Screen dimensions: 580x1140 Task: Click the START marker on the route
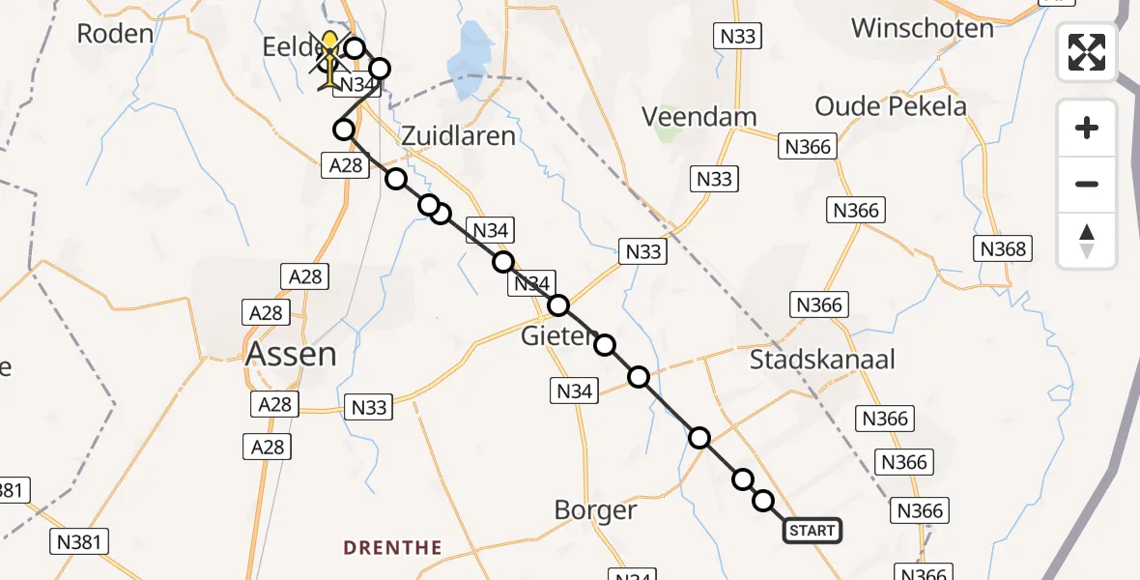[812, 530]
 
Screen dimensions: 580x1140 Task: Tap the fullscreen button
[1087, 52]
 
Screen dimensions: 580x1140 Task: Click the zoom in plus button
[1087, 128]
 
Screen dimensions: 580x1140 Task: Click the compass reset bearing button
[1087, 240]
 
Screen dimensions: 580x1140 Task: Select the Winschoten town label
[922, 27]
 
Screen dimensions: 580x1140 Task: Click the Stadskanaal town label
[823, 360]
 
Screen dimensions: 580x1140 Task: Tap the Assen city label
[291, 354]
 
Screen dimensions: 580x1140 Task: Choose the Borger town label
[596, 509]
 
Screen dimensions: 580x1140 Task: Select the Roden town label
[115, 34]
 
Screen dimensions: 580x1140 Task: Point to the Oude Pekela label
[890, 105]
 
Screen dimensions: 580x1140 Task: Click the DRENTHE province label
[393, 548]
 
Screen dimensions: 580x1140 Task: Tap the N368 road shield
[1003, 248]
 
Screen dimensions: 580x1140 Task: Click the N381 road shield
[78, 541]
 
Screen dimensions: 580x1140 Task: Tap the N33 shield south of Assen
[369, 407]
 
